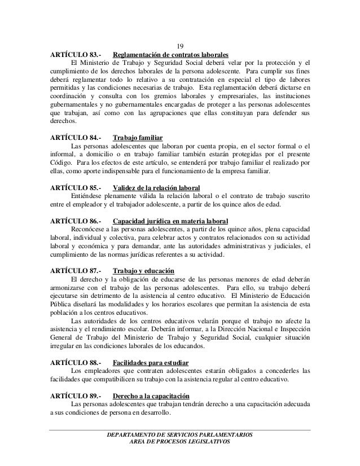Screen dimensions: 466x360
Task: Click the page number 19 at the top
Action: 180,46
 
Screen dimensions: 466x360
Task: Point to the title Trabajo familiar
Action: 138,138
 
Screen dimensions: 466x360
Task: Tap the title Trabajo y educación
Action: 143,270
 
